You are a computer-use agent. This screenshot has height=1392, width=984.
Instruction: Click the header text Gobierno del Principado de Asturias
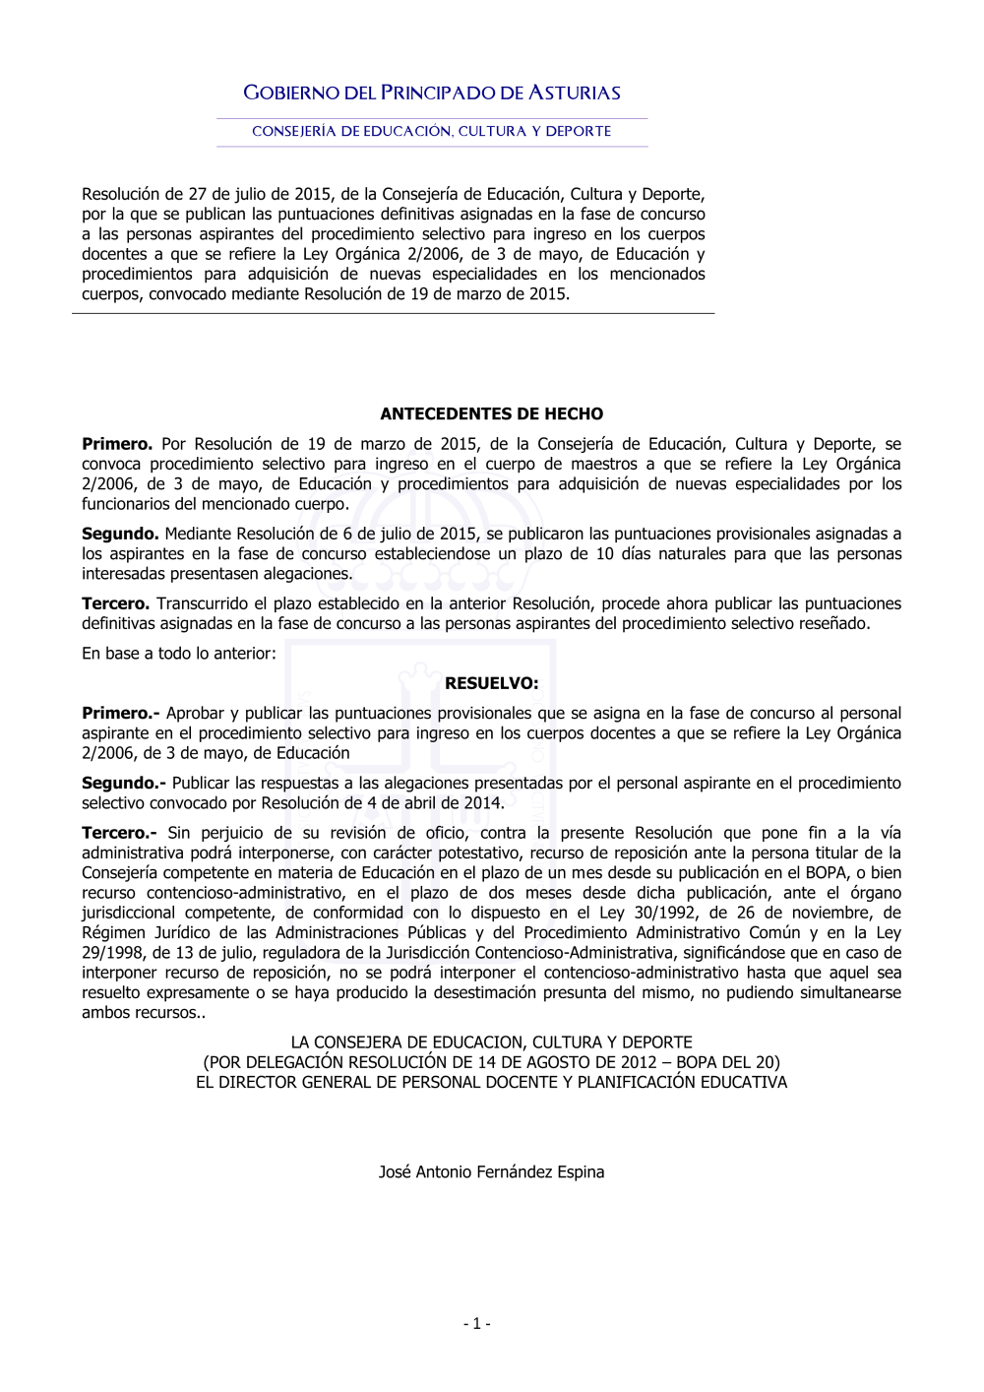coord(432,94)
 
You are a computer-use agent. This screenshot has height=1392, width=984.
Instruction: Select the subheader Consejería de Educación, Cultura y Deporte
coord(432,131)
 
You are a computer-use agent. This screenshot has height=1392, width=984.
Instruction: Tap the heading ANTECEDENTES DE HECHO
coord(491,414)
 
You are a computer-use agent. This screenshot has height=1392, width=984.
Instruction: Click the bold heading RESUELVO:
coord(491,683)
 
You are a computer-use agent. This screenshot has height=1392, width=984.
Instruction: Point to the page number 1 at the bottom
coord(476,1324)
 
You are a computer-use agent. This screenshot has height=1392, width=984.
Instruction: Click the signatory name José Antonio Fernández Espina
coord(491,1172)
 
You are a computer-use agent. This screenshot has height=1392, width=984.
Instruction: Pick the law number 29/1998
coord(111,953)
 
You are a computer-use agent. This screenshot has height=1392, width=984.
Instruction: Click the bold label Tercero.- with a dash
coord(119,833)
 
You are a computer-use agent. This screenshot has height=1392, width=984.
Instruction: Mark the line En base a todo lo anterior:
coord(179,654)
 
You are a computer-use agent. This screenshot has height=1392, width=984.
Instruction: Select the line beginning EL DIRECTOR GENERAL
coord(491,1082)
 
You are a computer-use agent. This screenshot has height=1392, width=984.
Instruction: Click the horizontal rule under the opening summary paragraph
coord(393,314)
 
